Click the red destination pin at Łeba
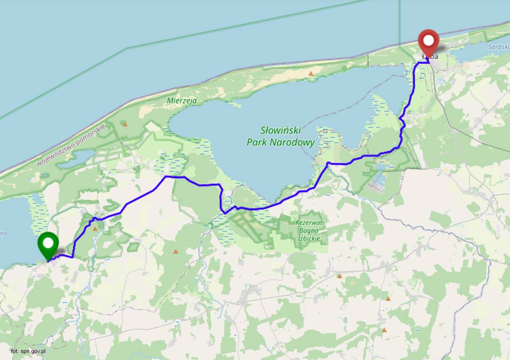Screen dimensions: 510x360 pos(428,43)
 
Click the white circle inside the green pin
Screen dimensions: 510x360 pos(48,243)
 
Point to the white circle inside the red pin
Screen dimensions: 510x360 pos(428,40)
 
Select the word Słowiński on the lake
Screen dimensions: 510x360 pos(280,130)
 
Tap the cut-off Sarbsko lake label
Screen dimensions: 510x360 pos(499,47)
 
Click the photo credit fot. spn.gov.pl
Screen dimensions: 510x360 pos(28,351)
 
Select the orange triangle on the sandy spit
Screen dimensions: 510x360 pos(311,74)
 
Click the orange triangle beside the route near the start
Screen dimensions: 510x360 pos(95,229)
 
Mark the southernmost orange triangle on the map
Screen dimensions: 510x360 pos(384,330)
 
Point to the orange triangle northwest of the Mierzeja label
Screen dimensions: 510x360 pos(125,124)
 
